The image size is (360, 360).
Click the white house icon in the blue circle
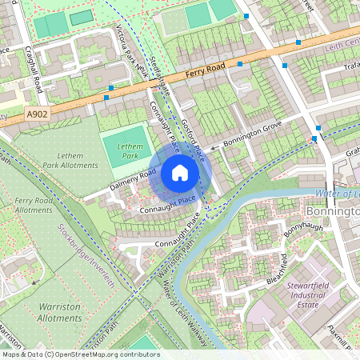pos(180,173)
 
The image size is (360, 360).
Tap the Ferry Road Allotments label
pos(34,204)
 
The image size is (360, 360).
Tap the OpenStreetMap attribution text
pos(80,354)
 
